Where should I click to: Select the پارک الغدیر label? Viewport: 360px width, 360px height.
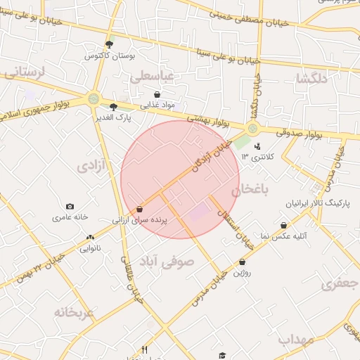click(114, 117)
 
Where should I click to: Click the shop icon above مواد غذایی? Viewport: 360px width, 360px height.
click(156, 94)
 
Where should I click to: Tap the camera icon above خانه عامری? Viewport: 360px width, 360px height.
click(70, 206)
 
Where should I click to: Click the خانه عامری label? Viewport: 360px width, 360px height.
click(70, 217)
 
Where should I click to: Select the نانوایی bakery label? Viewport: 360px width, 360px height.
click(89, 248)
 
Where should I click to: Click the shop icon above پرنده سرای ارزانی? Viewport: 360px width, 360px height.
click(140, 209)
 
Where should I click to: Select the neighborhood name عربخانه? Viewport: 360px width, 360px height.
click(74, 311)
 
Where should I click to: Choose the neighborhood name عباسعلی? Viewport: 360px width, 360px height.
click(156, 75)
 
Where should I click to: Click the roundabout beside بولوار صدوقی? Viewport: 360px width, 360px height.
click(252, 128)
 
